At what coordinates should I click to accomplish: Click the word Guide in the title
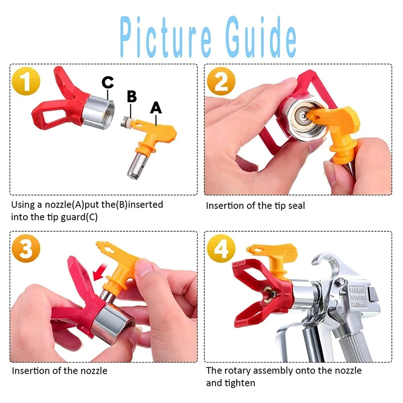pyautogui.click(x=261, y=36)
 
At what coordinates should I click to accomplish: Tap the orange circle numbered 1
pyautogui.click(x=26, y=81)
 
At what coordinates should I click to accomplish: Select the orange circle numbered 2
pyautogui.click(x=221, y=81)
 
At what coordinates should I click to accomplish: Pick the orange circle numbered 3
pyautogui.click(x=26, y=248)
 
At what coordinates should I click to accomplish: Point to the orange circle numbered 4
pyautogui.click(x=221, y=248)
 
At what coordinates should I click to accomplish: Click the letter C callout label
pyautogui.click(x=107, y=82)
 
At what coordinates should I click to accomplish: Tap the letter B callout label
pyautogui.click(x=131, y=96)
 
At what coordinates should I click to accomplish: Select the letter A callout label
pyautogui.click(x=156, y=108)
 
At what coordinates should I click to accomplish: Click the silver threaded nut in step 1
pyautogui.click(x=98, y=112)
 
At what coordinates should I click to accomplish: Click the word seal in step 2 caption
pyautogui.click(x=295, y=206)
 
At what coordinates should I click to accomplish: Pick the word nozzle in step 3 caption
pyautogui.click(x=94, y=371)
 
